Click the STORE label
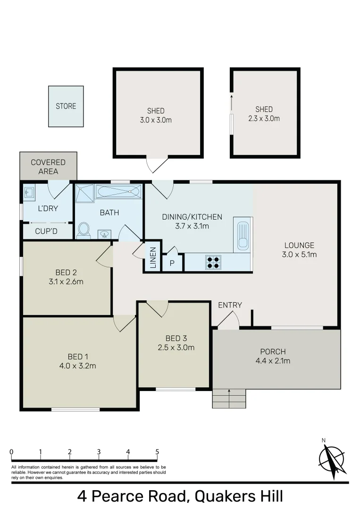(x=66, y=106)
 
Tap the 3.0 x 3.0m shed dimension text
(x=156, y=120)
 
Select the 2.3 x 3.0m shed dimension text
(x=264, y=118)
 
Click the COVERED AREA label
(x=48, y=167)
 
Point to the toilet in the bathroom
(x=84, y=230)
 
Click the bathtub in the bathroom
(x=118, y=192)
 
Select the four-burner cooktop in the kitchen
(x=213, y=262)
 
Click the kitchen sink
(x=243, y=236)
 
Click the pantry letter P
(x=172, y=263)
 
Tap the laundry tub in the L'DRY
(x=29, y=192)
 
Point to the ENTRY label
(x=230, y=305)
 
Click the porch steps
(x=229, y=399)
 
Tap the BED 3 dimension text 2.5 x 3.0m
(x=176, y=348)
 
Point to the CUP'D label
(x=47, y=231)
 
